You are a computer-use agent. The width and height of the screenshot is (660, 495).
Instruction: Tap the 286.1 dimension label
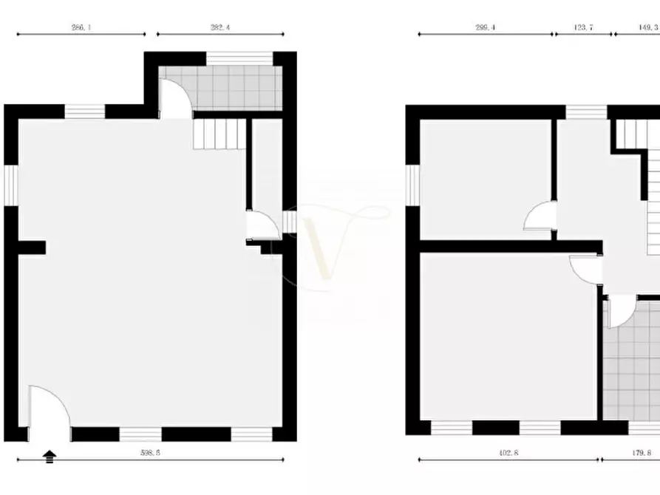point(81,27)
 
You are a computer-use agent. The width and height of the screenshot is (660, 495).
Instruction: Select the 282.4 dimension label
point(220,27)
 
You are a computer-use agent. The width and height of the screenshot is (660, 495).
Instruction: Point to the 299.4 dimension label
point(485,27)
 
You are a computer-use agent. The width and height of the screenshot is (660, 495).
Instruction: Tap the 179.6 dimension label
point(639,453)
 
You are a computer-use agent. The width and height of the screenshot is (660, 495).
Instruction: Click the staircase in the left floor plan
point(219,134)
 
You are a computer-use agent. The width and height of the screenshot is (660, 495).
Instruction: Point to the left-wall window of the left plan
point(10,185)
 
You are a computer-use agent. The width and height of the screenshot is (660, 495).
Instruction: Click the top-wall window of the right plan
point(587,112)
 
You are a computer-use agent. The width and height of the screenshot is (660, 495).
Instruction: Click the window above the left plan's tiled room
point(228,58)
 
